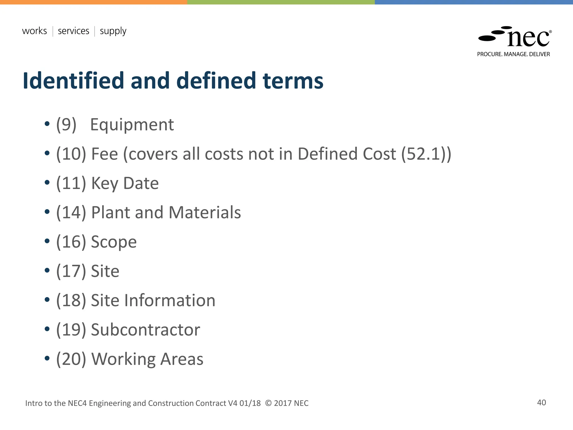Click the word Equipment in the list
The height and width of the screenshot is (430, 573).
pyautogui.click(x=132, y=125)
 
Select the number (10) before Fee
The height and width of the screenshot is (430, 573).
pyautogui.click(x=71, y=154)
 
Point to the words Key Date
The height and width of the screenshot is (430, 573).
pyautogui.click(x=125, y=183)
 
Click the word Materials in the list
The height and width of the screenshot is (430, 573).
pyautogui.click(x=205, y=212)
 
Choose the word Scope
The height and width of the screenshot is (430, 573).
pyautogui.click(x=114, y=242)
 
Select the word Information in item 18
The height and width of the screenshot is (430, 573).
pyautogui.click(x=170, y=300)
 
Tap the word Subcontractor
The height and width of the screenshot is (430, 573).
pyautogui.click(x=145, y=330)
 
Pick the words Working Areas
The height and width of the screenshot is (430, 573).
pyautogui.click(x=147, y=359)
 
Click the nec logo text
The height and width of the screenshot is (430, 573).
pyautogui.click(x=528, y=39)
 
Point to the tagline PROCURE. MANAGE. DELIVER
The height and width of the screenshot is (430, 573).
pyautogui.click(x=513, y=54)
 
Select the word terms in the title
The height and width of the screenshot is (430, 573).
pyautogui.click(x=293, y=81)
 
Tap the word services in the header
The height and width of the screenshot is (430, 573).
pyautogui.click(x=73, y=31)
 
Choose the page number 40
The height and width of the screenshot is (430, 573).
pyautogui.click(x=541, y=403)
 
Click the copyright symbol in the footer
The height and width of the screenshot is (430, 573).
pyautogui.click(x=268, y=403)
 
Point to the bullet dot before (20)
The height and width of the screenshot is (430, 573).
pyautogui.click(x=47, y=358)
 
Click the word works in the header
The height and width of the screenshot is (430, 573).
pyautogui.click(x=34, y=31)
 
